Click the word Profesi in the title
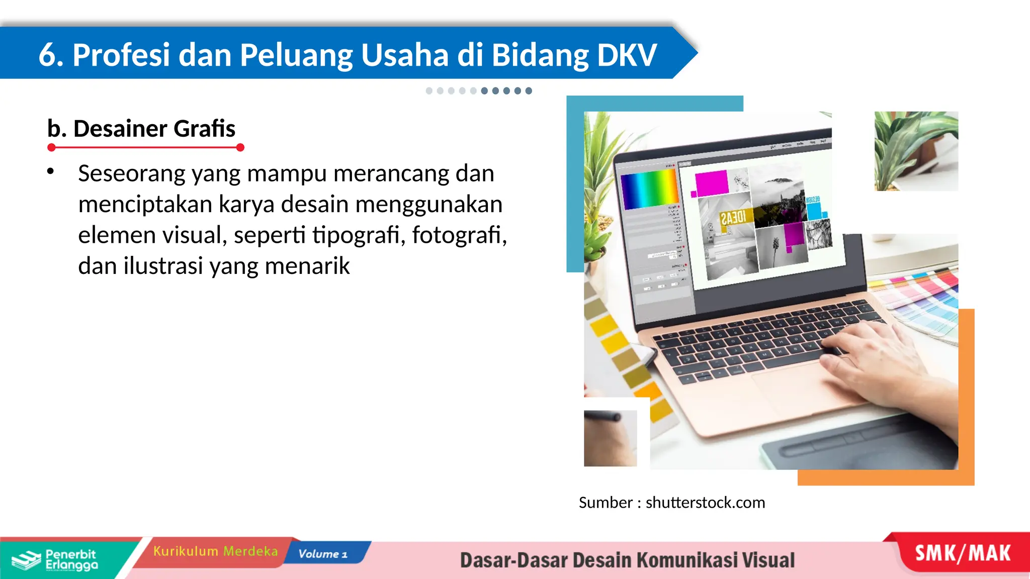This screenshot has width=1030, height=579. [x=121, y=55]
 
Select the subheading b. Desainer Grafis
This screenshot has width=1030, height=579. [x=141, y=129]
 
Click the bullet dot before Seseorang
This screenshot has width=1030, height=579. [x=50, y=171]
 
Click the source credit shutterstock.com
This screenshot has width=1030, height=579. [x=705, y=503]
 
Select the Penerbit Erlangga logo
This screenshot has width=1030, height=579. [x=55, y=559]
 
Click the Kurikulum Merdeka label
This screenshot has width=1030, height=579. [x=215, y=551]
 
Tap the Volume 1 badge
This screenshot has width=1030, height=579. [x=323, y=554]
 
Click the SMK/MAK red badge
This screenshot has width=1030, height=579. [x=963, y=553]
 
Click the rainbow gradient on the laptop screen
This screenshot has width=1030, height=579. [x=649, y=189]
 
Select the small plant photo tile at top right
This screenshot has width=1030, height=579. [x=916, y=151]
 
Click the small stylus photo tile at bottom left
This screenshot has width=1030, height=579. [x=610, y=438]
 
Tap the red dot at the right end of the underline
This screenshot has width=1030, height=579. [x=240, y=147]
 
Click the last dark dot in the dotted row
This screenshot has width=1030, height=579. [x=529, y=91]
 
